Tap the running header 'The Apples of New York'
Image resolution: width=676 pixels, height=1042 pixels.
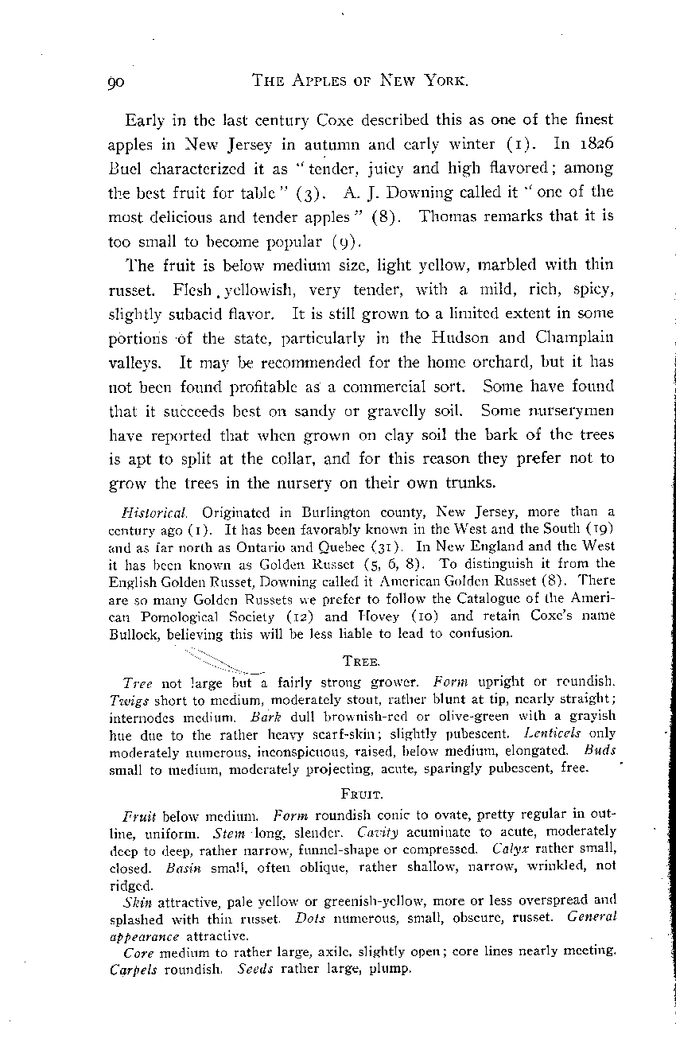[359, 80]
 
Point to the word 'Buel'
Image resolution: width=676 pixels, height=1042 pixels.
[125, 168]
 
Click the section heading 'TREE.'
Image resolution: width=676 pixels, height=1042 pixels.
[359, 660]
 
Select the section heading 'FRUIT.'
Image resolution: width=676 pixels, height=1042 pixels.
[359, 794]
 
